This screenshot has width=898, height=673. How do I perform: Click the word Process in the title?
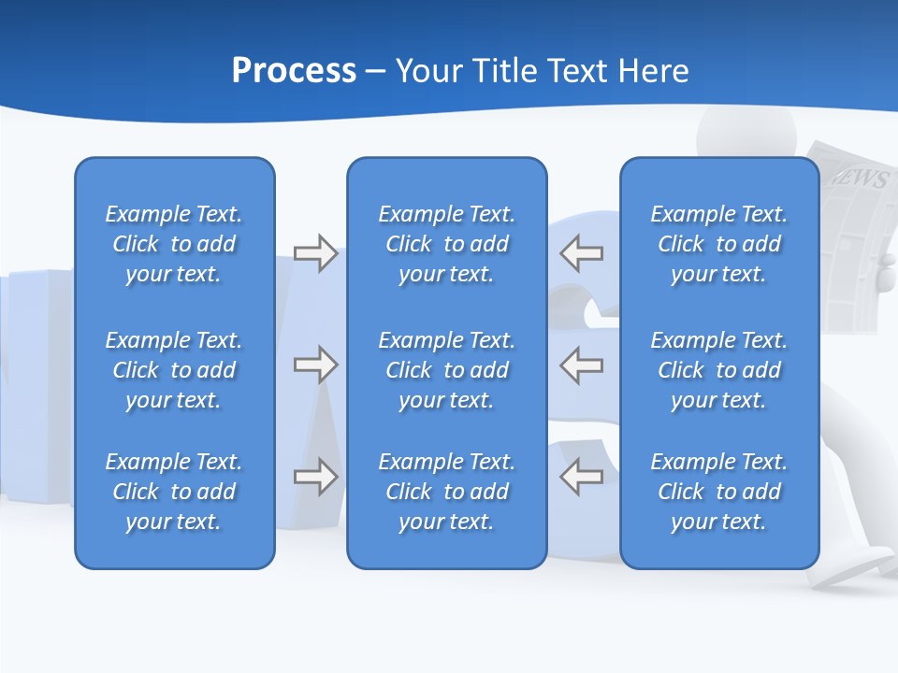pos(294,71)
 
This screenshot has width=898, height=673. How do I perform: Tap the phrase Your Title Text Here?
pos(543,71)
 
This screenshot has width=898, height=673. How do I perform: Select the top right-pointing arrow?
pos(315,253)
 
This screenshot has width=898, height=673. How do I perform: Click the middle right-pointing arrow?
pos(315,365)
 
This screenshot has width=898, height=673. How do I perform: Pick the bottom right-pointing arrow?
pos(315,477)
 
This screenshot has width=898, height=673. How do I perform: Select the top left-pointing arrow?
pos(582,253)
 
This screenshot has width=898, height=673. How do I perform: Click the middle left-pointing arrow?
pos(582,365)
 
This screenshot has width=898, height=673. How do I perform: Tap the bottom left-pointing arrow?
pos(582,477)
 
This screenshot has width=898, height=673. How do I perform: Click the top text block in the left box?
pos(174,244)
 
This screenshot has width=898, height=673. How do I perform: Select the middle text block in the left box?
pos(174,370)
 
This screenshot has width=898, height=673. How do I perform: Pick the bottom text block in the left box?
pos(174,492)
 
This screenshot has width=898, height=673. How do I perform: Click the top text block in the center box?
pos(446,244)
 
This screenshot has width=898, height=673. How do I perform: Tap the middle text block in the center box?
pos(446,370)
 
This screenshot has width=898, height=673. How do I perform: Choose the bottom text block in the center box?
pos(446,492)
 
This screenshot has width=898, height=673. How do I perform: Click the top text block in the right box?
pos(718,244)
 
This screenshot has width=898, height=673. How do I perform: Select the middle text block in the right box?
pos(718,370)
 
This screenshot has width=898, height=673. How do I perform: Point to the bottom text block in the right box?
pos(718,492)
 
